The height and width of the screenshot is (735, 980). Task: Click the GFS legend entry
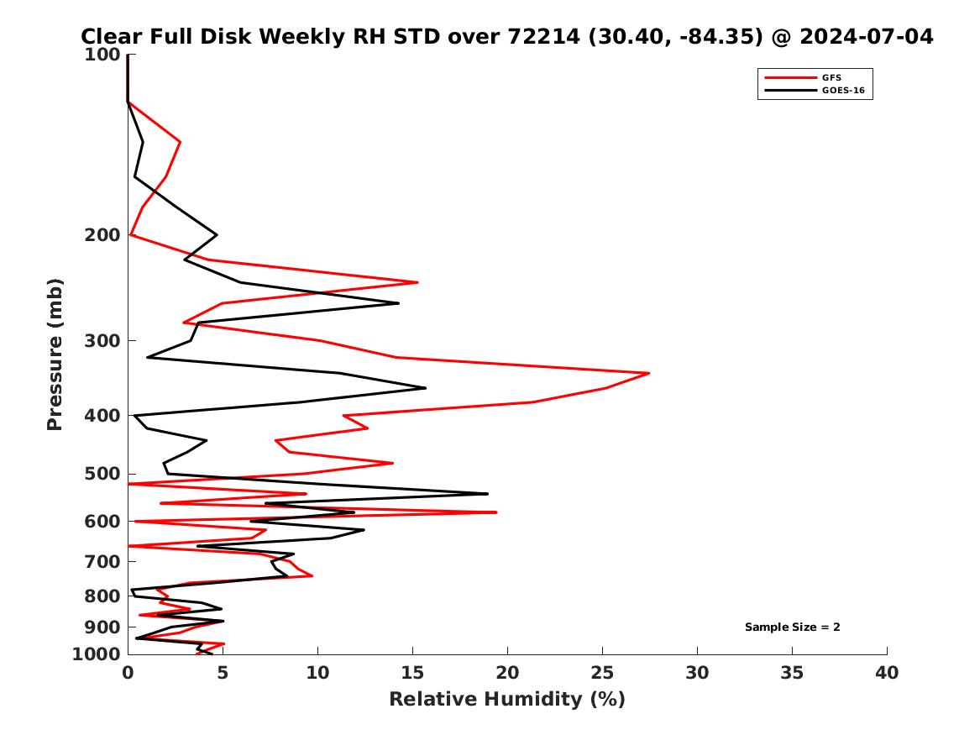click(831, 78)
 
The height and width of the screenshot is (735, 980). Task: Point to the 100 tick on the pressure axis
click(102, 55)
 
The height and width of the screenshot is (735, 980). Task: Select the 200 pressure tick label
click(102, 235)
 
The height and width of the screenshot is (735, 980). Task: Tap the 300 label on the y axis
click(102, 341)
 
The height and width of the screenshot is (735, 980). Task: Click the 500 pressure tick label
click(102, 474)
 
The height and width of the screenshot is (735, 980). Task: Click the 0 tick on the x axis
click(128, 673)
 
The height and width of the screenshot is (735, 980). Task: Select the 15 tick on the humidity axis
click(412, 673)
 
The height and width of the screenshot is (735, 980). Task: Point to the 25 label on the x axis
click(602, 673)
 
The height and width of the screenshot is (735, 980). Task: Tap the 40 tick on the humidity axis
click(887, 673)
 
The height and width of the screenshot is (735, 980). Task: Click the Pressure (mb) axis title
click(55, 354)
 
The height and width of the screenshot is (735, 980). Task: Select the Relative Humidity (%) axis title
click(506, 700)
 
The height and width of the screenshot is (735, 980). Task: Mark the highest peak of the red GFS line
click(649, 373)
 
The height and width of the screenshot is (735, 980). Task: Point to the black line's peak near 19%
click(487, 494)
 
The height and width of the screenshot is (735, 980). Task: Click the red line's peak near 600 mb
click(496, 512)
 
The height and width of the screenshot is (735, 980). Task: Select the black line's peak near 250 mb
click(398, 303)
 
